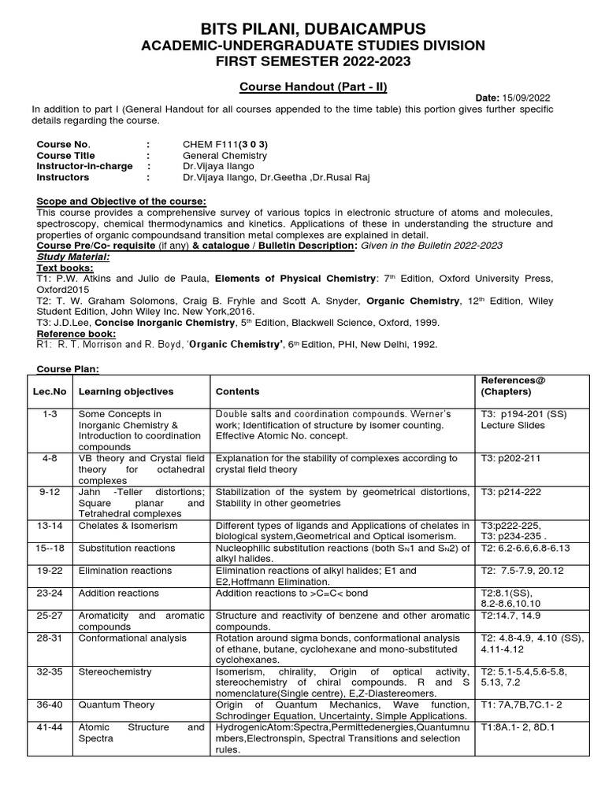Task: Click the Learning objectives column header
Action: [x=126, y=391]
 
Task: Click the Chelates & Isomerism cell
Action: [x=128, y=525]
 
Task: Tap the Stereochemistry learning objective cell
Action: [x=117, y=671]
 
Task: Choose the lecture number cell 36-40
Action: [x=50, y=704]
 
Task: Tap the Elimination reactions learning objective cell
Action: [x=124, y=570]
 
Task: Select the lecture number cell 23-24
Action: [x=50, y=593]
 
